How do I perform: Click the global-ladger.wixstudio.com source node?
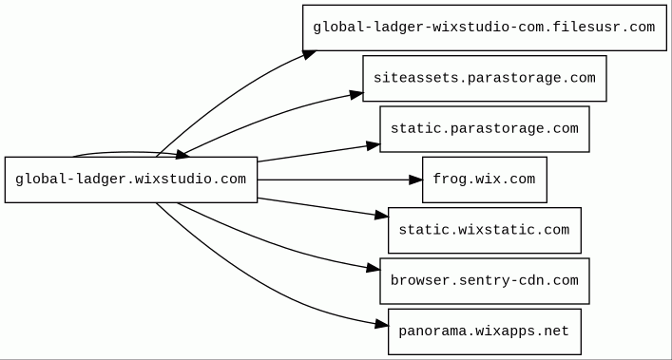pos(131,180)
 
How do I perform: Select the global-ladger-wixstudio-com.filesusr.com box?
pos(485,28)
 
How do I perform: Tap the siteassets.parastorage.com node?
pos(485,78)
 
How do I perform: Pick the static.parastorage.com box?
pos(485,129)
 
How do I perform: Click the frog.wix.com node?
pos(485,180)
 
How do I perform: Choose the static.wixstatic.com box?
pos(485,230)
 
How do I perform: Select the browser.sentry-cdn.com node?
pos(485,281)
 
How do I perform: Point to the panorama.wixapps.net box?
pos(485,332)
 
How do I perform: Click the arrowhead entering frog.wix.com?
pos(415,180)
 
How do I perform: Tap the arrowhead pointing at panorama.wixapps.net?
pos(381,325)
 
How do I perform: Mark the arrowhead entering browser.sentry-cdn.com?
pos(374,268)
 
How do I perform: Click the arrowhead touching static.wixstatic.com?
pos(381,215)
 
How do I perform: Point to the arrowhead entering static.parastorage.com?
pos(374,146)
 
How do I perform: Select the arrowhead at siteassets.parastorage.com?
pos(356,95)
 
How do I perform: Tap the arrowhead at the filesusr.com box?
pos(310,54)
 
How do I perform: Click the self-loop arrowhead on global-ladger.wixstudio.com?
pos(182,155)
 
